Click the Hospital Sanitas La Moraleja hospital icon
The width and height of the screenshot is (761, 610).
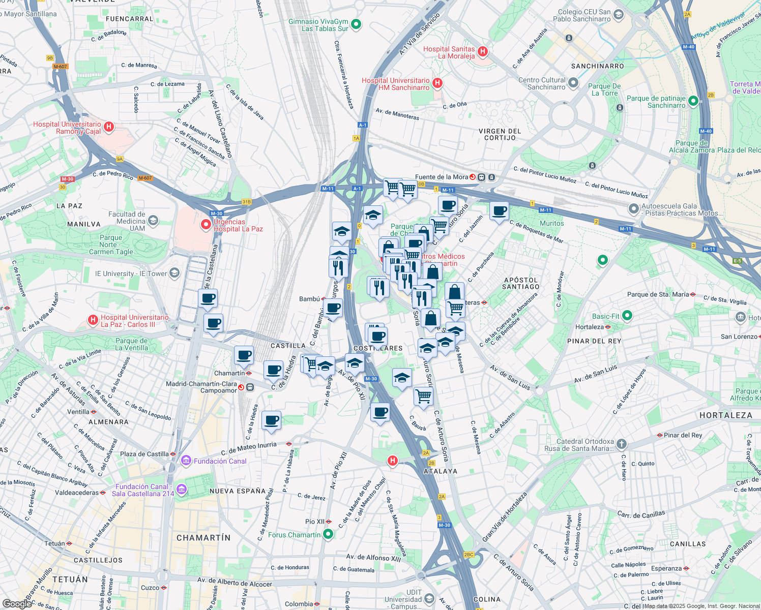pyautogui.click(x=483, y=51)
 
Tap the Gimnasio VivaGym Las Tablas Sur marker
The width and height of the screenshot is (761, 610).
pyautogui.click(x=356, y=24)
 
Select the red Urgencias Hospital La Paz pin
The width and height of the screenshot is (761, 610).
pyautogui.click(x=206, y=224)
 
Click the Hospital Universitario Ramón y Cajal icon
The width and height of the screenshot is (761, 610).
pyautogui.click(x=108, y=127)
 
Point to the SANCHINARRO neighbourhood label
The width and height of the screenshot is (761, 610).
pyautogui.click(x=597, y=66)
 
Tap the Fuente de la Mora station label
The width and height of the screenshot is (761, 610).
pyautogui.click(x=442, y=177)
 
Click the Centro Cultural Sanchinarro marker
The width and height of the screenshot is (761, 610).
pyautogui.click(x=573, y=82)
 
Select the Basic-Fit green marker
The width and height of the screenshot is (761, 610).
pyautogui.click(x=627, y=316)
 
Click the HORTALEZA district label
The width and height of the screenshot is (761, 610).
pyautogui.click(x=725, y=415)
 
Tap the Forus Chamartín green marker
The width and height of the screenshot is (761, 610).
pyautogui.click(x=328, y=534)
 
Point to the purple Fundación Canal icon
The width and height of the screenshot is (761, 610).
pyautogui.click(x=187, y=461)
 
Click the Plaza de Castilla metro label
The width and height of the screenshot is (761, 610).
pyautogui.click(x=144, y=454)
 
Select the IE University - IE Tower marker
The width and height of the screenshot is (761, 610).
pyautogui.click(x=174, y=273)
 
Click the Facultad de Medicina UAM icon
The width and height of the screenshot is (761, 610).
pyautogui.click(x=153, y=221)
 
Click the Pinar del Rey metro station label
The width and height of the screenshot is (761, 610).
pyautogui.click(x=683, y=435)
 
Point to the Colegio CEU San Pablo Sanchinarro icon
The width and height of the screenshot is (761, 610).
pyautogui.click(x=618, y=15)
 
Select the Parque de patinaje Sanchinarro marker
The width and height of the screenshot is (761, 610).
pyautogui.click(x=693, y=101)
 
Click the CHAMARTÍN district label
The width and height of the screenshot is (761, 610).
pyautogui.click(x=203, y=538)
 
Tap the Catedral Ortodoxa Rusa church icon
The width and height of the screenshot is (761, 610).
pyautogui.click(x=621, y=444)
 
